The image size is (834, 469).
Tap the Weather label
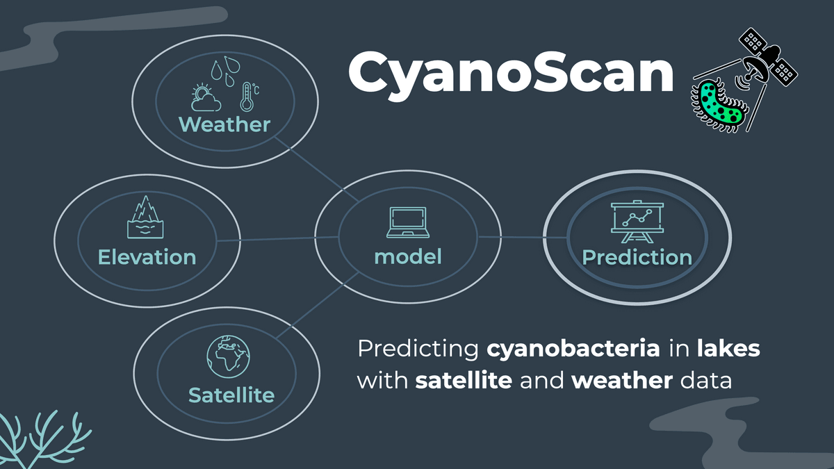point(224,124)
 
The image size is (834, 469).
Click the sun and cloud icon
point(206,98)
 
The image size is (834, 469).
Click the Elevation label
point(147,257)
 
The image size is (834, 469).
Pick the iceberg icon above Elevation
point(145,217)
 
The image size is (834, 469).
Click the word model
point(408,256)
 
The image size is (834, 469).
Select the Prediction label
point(637,258)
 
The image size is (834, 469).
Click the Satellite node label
point(231,395)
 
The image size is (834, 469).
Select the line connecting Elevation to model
point(278,240)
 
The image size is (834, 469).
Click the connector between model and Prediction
point(521,238)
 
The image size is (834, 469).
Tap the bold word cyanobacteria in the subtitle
point(573,349)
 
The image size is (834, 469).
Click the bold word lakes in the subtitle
point(728,349)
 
